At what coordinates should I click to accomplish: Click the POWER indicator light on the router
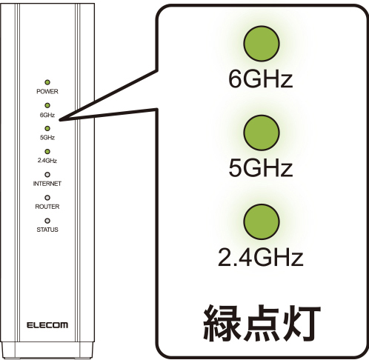(47, 82)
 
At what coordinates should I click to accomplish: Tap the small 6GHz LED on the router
(47, 105)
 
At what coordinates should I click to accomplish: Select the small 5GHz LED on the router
(47, 128)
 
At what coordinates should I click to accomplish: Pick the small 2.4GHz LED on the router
(47, 152)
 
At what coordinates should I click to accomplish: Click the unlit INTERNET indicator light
(47, 175)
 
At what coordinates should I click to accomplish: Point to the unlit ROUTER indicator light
(47, 198)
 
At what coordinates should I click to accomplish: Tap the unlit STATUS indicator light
(47, 221)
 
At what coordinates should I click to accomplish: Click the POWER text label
(47, 92)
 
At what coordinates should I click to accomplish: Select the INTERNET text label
(47, 184)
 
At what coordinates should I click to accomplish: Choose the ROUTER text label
(47, 207)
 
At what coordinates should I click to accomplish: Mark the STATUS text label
(47, 230)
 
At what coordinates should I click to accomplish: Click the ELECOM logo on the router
(47, 325)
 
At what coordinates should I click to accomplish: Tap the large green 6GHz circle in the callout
(262, 44)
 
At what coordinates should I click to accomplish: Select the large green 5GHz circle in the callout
(262, 133)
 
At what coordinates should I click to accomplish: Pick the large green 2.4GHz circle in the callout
(262, 221)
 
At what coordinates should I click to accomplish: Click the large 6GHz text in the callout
(261, 79)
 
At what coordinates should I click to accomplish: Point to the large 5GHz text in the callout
(261, 167)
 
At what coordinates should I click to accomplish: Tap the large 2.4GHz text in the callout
(261, 257)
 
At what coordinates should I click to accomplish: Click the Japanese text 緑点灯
(262, 323)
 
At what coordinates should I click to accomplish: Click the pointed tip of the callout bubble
(60, 120)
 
